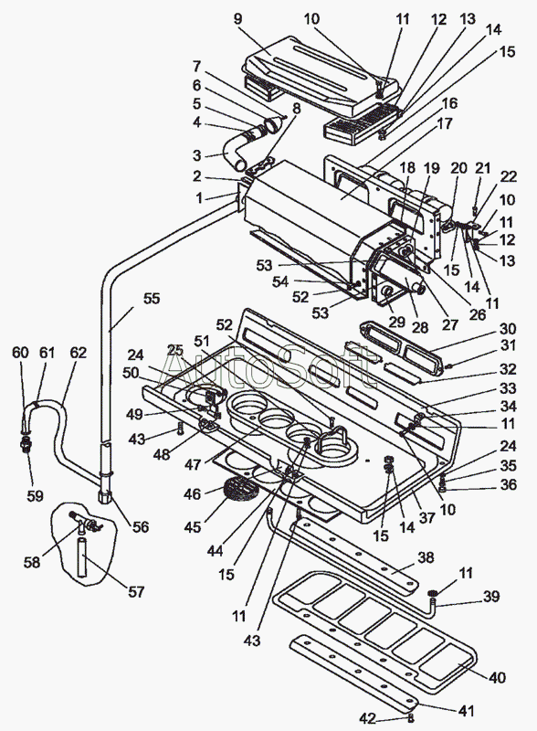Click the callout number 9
(237, 18)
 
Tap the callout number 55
(152, 299)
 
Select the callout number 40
(497, 677)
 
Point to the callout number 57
(136, 591)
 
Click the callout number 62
(78, 353)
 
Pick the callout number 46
(192, 493)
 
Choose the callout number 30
(508, 329)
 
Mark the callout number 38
(426, 557)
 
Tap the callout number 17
(445, 123)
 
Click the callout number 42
(368, 718)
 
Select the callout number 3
(196, 155)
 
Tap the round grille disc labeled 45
(241, 491)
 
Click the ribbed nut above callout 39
(433, 593)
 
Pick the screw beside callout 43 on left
(181, 429)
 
